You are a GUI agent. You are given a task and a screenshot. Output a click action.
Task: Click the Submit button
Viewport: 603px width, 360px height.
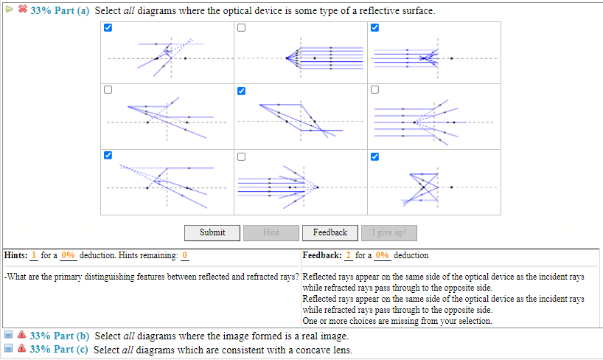[212, 232]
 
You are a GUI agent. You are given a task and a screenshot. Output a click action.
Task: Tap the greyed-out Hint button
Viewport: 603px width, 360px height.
[271, 232]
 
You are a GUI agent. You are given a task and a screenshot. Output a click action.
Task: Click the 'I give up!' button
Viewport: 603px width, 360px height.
[388, 232]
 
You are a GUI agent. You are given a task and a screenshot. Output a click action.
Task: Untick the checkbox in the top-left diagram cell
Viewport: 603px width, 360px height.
[108, 28]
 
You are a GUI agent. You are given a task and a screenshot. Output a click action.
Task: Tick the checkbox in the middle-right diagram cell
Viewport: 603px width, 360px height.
[374, 91]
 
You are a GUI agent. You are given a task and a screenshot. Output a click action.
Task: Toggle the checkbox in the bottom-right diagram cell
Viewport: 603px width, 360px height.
[374, 156]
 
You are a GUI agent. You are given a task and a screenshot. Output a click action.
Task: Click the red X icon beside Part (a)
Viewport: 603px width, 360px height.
[22, 12]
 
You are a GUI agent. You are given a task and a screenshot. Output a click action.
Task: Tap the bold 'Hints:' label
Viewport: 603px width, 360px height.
[15, 255]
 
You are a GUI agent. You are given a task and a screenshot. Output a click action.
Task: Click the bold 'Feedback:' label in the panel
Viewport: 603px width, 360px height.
[322, 255]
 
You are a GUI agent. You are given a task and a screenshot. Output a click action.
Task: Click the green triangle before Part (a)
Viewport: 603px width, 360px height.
[9, 12]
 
